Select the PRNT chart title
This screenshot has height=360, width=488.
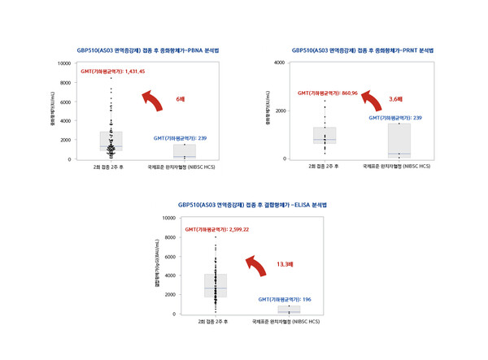(x=362, y=50)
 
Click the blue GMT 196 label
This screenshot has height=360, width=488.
(x=285, y=299)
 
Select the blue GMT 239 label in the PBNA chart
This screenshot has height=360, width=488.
(x=180, y=138)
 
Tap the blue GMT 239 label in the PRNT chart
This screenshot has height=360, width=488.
(x=395, y=118)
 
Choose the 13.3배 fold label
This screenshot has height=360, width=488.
(x=285, y=263)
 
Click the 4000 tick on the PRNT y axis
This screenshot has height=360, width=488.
(x=279, y=63)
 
